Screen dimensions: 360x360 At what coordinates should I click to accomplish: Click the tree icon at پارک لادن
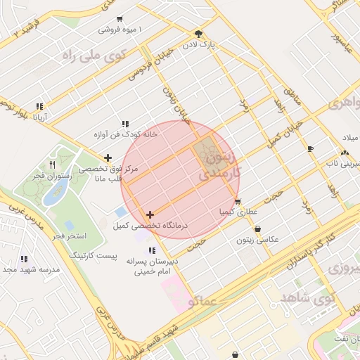pyautogui.click(x=199, y=34)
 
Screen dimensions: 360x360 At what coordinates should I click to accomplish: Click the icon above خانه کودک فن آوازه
pyautogui.click(x=125, y=124)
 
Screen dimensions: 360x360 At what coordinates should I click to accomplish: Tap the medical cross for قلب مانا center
pyautogui.click(x=108, y=158)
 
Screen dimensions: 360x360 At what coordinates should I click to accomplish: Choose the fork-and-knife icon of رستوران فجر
pyautogui.click(x=52, y=165)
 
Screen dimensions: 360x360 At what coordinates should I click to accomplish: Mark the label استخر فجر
pyautogui.click(x=69, y=234)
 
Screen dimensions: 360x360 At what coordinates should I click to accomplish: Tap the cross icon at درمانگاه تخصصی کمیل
pyautogui.click(x=150, y=214)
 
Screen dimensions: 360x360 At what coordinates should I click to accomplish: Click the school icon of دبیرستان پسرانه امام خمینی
pyautogui.click(x=152, y=249)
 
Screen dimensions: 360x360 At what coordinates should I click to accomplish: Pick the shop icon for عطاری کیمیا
pyautogui.click(x=238, y=201)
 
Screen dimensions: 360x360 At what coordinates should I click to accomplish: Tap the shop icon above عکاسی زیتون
pyautogui.click(x=258, y=229)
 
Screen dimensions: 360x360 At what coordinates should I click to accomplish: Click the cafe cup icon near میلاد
pyautogui.click(x=311, y=148)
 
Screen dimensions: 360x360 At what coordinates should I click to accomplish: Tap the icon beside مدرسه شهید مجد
pyautogui.click(x=25, y=259)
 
